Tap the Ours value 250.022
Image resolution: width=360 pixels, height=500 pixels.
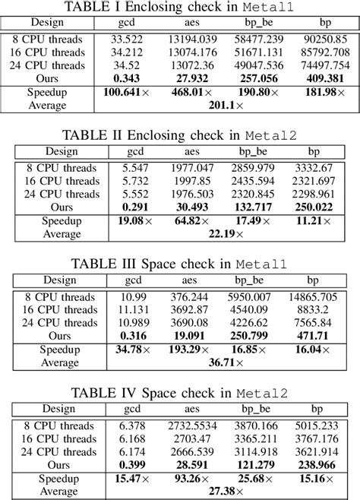click(317, 207)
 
